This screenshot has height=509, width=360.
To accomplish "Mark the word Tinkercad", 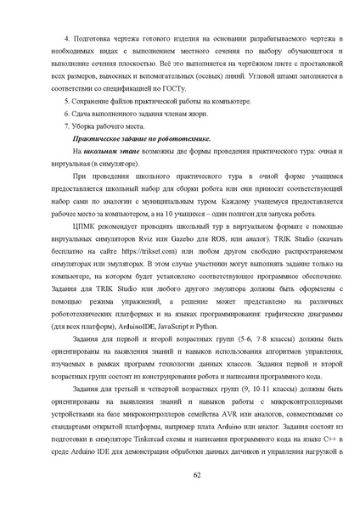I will pyautogui.click(x=157, y=437).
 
